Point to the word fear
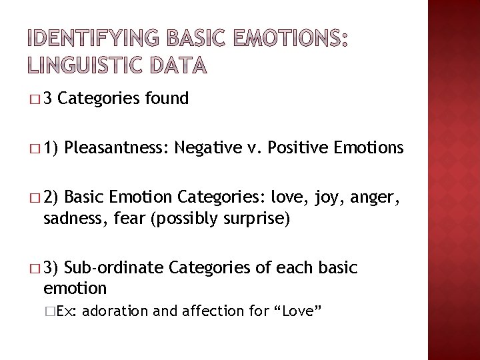(x=129, y=219)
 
